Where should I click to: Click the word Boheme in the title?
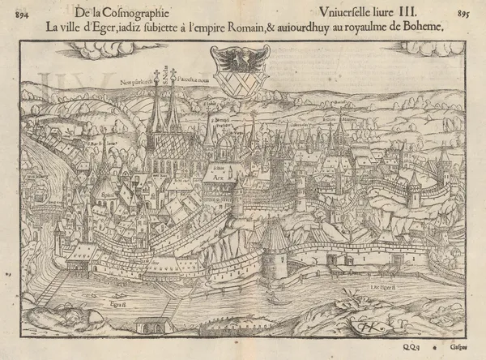pos(422,27)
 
